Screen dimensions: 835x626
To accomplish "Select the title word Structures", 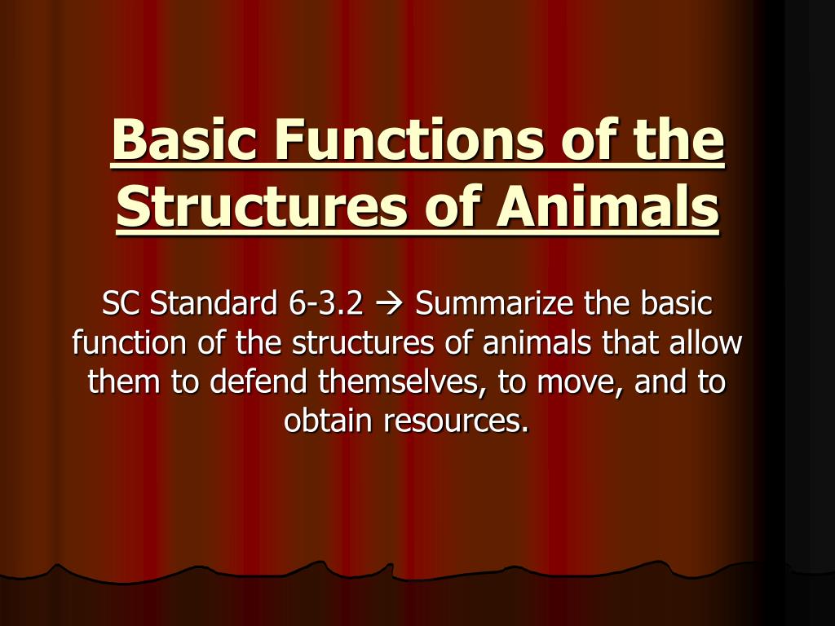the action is [261, 205].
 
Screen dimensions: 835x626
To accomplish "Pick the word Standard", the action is [214, 303].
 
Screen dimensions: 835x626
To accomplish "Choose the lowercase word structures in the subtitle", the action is [363, 342].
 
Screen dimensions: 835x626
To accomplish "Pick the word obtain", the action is [328, 421].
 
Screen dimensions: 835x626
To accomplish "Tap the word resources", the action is [457, 422].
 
